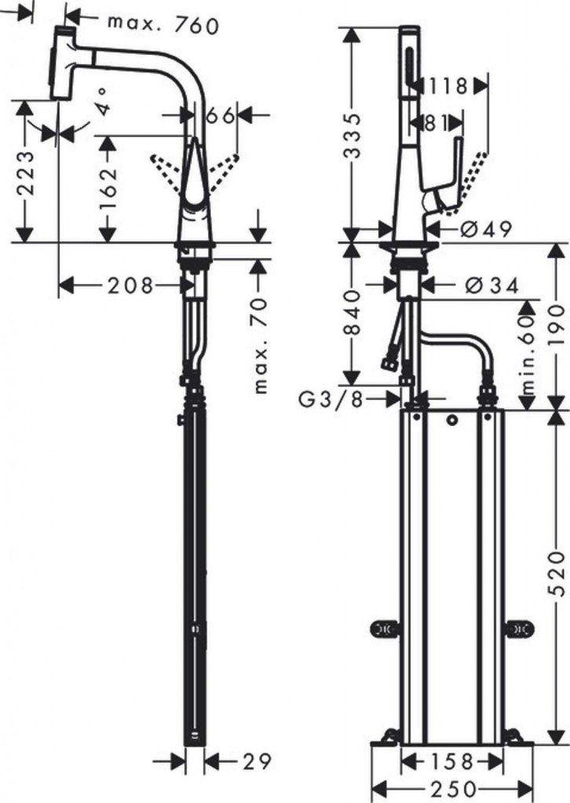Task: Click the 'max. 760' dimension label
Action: tap(163, 24)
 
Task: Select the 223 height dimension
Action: tap(26, 173)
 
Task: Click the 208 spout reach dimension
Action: tap(130, 285)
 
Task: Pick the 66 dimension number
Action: tap(221, 115)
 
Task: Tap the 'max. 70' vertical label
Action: tap(261, 346)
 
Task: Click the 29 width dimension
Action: tap(256, 761)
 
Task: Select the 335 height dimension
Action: tap(352, 136)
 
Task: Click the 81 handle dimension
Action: tap(435, 123)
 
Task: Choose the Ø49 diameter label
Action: tap(486, 229)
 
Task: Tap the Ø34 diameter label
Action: tap(491, 285)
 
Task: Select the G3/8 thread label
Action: tap(331, 399)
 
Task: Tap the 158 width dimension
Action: tap(451, 761)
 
